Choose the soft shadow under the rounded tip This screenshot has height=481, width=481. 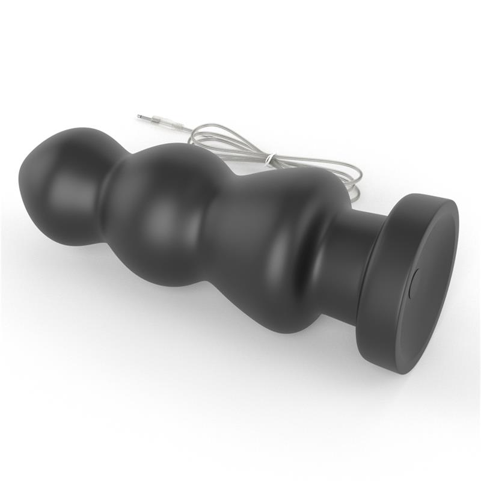(66, 253)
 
